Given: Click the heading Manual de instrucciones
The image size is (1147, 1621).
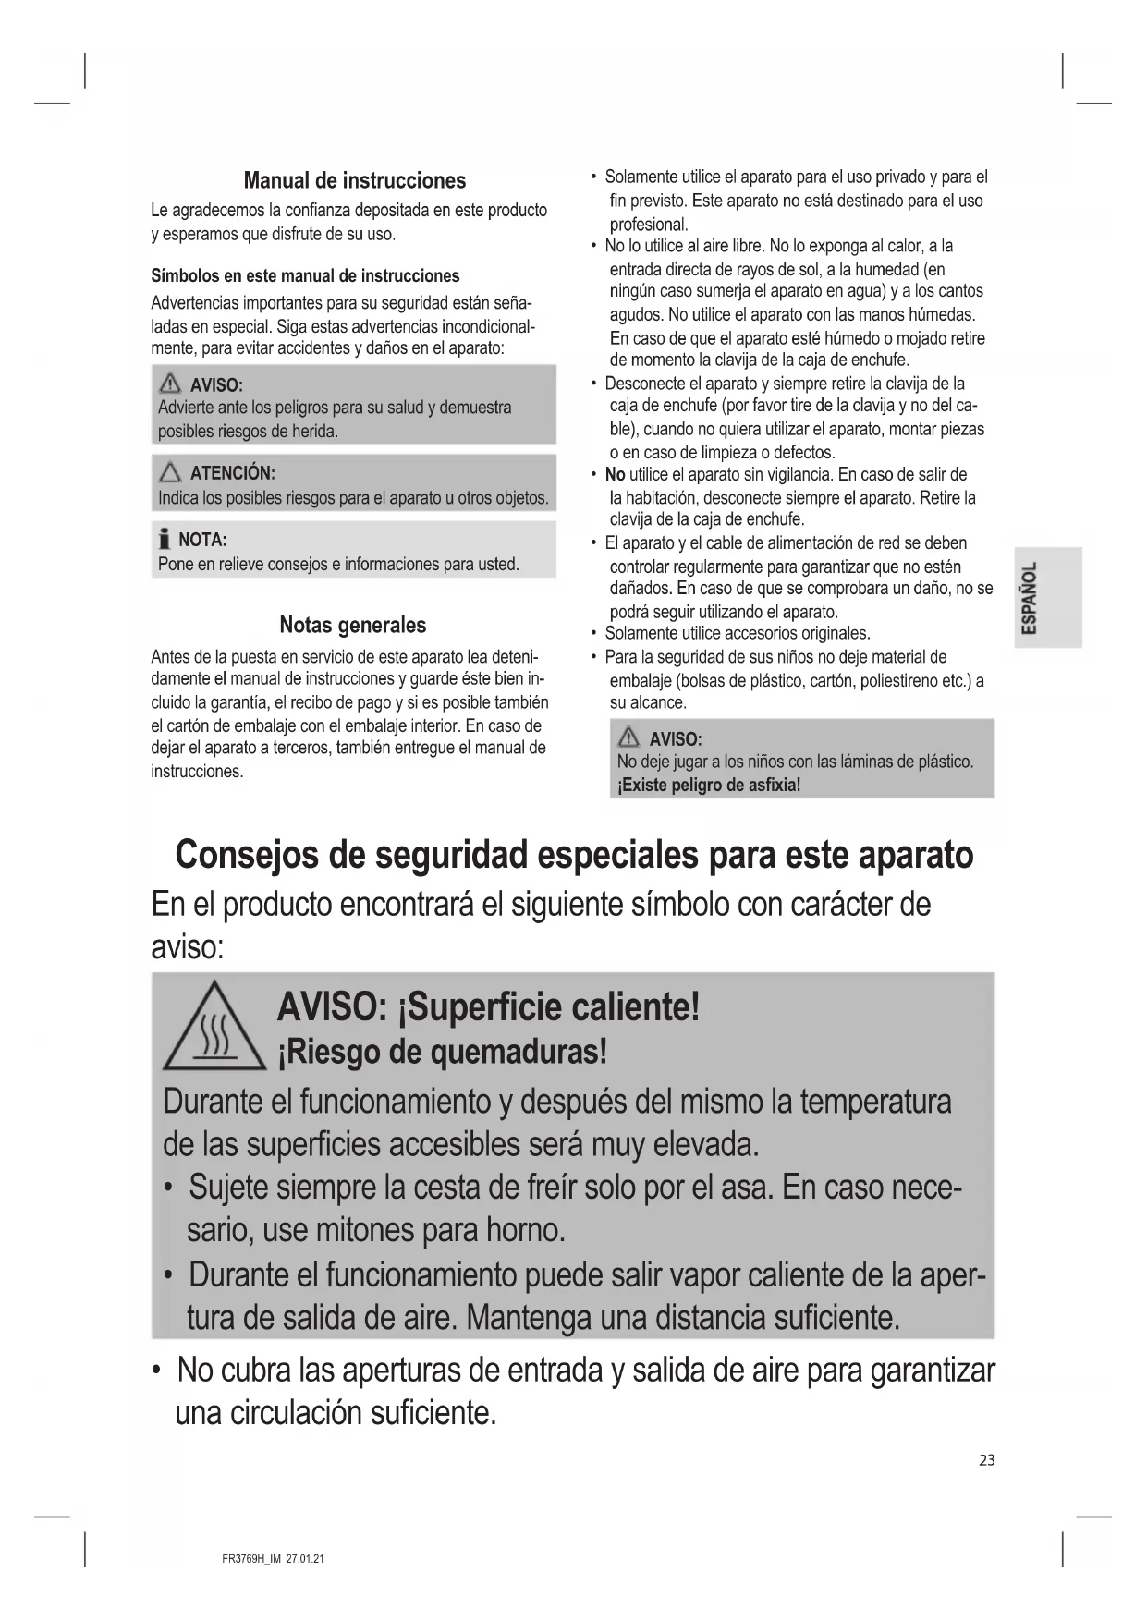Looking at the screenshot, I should [x=354, y=180].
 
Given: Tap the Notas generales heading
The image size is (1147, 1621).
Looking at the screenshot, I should [x=352, y=625].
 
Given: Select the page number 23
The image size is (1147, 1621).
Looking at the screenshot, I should [x=987, y=1460].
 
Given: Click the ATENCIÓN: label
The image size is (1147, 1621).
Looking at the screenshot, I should [x=232, y=473].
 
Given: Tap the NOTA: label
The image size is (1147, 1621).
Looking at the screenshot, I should [x=202, y=540].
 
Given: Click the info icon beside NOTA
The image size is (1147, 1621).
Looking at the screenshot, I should [x=165, y=540].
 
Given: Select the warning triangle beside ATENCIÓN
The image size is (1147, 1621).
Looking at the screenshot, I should [x=170, y=474].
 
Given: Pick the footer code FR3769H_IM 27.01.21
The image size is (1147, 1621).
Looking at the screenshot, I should [x=274, y=1559].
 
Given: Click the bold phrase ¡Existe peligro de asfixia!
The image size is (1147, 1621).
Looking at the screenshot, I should [x=709, y=786].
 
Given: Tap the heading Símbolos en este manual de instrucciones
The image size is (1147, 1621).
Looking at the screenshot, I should [x=305, y=275].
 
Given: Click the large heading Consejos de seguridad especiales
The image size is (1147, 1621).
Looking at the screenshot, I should [x=574, y=855].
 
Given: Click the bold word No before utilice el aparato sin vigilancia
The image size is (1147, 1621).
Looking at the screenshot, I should [x=615, y=475].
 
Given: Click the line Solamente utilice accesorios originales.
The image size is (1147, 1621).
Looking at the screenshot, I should [x=738, y=634].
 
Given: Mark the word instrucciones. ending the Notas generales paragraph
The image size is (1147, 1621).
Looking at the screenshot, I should [x=197, y=772].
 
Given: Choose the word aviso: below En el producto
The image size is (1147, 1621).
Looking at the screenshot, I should [x=188, y=947].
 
